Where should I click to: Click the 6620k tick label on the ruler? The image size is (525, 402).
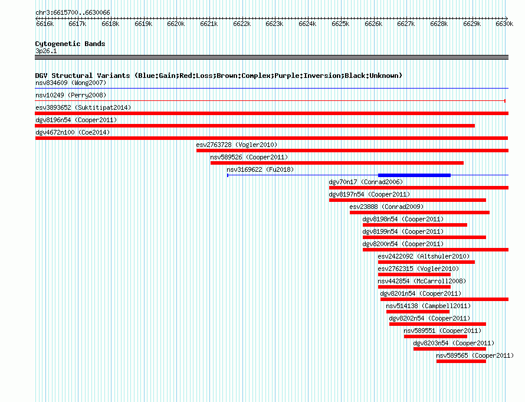(x=176, y=24)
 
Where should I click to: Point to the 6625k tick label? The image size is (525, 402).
(x=340, y=24)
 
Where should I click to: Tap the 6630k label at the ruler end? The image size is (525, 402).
(x=504, y=24)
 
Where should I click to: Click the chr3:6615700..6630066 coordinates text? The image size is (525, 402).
(x=73, y=13)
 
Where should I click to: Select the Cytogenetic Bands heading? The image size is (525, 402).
(x=70, y=44)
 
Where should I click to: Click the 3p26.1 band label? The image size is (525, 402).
(x=46, y=51)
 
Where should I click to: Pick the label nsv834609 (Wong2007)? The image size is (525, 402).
(x=71, y=83)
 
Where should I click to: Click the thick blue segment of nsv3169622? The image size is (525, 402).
(x=414, y=175)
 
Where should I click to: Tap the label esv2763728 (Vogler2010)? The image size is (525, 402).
(x=237, y=145)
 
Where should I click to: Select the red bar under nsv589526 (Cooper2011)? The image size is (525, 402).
(x=337, y=163)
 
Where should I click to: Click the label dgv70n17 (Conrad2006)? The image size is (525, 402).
(x=366, y=182)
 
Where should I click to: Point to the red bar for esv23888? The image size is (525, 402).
(x=419, y=213)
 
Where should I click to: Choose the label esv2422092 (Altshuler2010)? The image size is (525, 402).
(x=424, y=256)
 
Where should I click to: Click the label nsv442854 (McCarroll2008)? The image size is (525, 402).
(x=422, y=281)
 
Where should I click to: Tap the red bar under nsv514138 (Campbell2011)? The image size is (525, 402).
(x=418, y=312)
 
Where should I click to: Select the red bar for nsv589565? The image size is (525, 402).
(x=461, y=361)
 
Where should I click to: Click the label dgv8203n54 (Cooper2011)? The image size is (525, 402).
(x=454, y=343)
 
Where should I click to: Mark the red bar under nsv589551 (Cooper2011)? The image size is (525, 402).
(x=435, y=336)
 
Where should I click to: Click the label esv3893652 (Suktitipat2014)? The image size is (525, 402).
(x=83, y=107)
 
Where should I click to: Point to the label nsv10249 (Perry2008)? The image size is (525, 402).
(x=71, y=95)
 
